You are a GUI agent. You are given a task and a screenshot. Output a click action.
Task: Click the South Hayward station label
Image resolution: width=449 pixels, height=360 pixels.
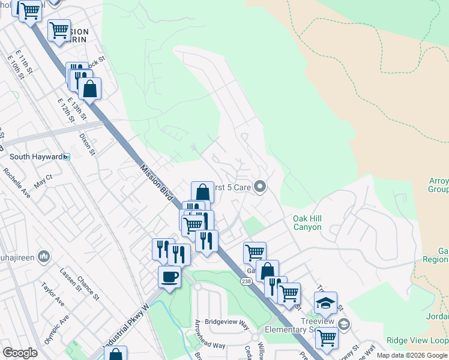36,157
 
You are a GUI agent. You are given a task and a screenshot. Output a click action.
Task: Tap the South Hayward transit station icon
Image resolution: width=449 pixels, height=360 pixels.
67,157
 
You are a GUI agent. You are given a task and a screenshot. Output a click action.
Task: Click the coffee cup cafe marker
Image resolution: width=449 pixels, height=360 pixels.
169,277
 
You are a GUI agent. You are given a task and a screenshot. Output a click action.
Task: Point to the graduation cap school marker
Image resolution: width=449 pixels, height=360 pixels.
325,304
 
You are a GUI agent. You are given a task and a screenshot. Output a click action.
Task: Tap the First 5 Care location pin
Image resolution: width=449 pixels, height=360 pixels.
260,187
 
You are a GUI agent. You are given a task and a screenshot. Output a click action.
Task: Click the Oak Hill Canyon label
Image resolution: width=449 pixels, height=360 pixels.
307,223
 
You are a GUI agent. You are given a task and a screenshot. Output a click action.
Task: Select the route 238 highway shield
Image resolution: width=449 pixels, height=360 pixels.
246,281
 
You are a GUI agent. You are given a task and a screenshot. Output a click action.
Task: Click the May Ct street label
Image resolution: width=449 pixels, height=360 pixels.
43,182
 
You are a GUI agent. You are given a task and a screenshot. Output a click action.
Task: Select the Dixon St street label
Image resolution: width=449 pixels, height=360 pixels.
88,144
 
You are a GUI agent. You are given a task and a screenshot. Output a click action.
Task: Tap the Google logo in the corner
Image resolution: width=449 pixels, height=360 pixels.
20,353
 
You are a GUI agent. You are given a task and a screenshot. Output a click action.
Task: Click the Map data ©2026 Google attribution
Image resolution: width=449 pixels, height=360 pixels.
412,355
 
